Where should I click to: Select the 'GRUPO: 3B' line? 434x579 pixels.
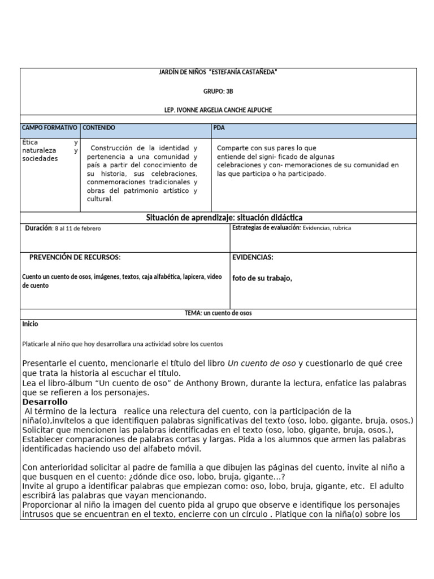[218, 90]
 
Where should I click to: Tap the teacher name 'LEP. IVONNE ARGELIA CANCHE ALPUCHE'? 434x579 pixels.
[218, 110]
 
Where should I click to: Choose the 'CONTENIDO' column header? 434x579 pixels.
[99, 128]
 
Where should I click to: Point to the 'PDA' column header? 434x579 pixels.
[219, 128]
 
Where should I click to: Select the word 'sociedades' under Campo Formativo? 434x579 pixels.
[40, 159]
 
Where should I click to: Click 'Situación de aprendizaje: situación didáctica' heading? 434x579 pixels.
[224, 218]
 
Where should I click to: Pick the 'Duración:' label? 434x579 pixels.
[38, 228]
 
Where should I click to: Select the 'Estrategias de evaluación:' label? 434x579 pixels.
[266, 228]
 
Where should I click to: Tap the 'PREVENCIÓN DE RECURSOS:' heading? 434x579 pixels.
[75, 257]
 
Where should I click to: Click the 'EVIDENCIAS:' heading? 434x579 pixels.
[253, 257]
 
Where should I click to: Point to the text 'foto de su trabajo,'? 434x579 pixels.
[262, 278]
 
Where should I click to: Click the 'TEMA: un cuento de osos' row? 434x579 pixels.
[218, 313]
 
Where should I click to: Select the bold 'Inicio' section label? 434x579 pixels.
[30, 324]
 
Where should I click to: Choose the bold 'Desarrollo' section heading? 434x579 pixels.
[45, 401]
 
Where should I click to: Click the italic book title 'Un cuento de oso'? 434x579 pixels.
[262, 363]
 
